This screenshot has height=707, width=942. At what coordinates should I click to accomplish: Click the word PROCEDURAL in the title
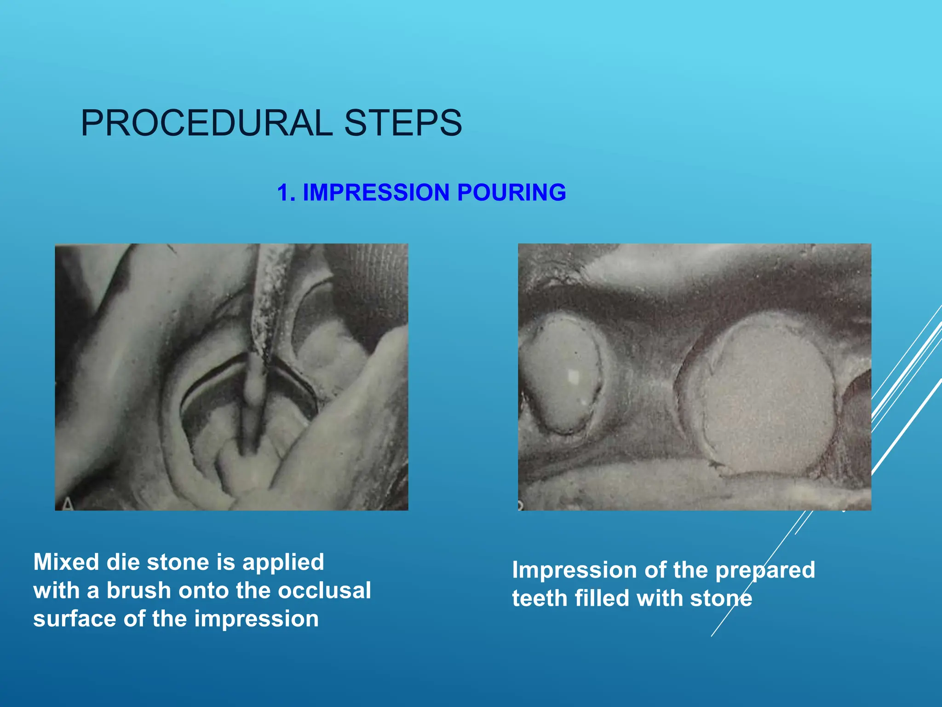[207, 123]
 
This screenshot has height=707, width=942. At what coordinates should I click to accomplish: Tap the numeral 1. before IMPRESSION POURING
[286, 192]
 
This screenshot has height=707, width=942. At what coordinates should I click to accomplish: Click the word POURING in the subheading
[511, 192]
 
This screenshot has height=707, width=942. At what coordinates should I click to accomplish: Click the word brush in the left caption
[138, 591]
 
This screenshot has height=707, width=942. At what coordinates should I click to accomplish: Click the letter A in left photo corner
[68, 504]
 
